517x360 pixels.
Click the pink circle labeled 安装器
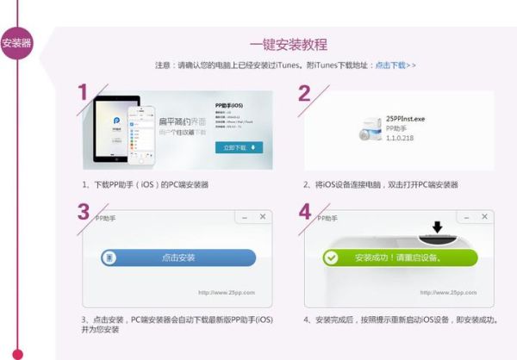pyautogui.click(x=16, y=43)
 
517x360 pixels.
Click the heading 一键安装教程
pyautogui.click(x=289, y=44)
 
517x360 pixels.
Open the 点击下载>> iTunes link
pyautogui.click(x=396, y=65)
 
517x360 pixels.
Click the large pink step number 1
pyautogui.click(x=83, y=93)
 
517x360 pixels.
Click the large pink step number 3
pyautogui.click(x=83, y=212)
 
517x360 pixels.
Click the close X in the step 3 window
pyautogui.click(x=263, y=216)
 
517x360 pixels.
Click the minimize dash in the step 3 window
pyautogui.click(x=245, y=216)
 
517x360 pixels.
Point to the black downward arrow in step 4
pyautogui.click(x=437, y=227)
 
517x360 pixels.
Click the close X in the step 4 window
pyautogui.click(x=484, y=217)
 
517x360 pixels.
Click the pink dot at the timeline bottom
pyautogui.click(x=16, y=353)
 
